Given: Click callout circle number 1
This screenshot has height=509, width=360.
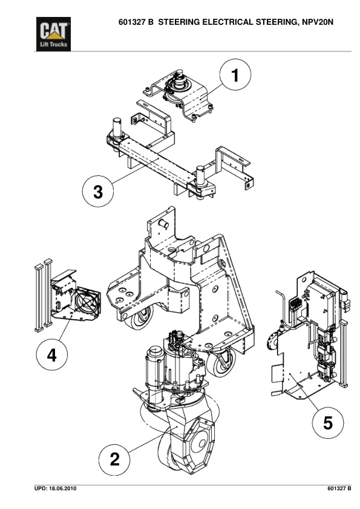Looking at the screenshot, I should point(235,76).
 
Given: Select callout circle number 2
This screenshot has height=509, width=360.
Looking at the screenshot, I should point(114,459).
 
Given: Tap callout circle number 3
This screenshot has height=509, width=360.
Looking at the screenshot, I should point(97,192).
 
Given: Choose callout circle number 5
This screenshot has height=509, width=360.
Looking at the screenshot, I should point(327,423).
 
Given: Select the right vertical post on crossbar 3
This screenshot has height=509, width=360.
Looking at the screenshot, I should point(201,175).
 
